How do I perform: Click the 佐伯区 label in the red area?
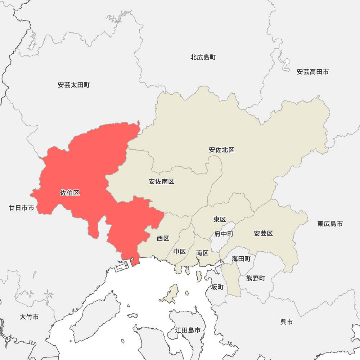(70, 193)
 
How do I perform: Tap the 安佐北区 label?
(222, 150)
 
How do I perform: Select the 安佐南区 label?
(162, 181)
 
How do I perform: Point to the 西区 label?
(163, 238)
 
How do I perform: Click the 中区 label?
(180, 251)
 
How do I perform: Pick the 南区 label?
(202, 253)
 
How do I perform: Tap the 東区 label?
(220, 219)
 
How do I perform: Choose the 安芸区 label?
(264, 234)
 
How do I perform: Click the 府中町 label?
(224, 234)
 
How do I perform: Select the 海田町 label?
(241, 258)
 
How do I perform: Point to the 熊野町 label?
(256, 278)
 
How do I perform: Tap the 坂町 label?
(217, 287)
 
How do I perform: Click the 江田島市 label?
(188, 330)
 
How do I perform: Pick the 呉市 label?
(287, 322)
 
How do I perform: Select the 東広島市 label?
(330, 224)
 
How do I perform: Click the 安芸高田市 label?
(313, 72)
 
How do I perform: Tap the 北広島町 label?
(203, 57)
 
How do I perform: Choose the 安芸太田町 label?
(74, 85)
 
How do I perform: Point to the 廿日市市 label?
(22, 208)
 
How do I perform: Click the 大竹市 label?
(30, 317)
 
